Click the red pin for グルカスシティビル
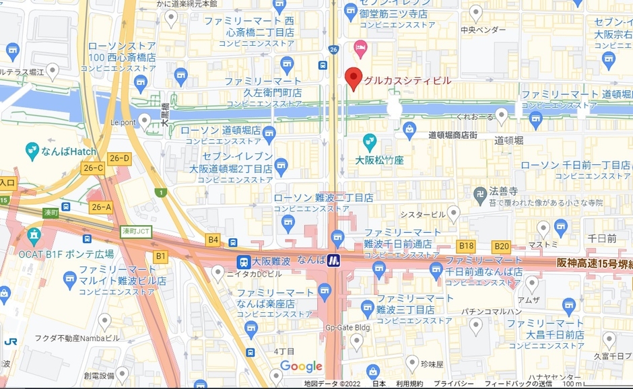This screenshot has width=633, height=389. point(353,78)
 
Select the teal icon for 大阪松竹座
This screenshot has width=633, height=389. point(369,142)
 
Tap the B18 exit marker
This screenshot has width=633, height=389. point(466,246)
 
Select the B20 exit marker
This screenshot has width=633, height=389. point(501,246)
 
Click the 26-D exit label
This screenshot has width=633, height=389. point(119,158)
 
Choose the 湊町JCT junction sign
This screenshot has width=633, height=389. point(137,231)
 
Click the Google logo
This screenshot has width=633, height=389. point(301,366)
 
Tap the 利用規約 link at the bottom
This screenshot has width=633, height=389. point(409,384)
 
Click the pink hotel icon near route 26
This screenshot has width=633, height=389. point(360,48)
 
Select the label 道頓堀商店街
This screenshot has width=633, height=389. point(453,135)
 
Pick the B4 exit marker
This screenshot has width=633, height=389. point(213,239)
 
